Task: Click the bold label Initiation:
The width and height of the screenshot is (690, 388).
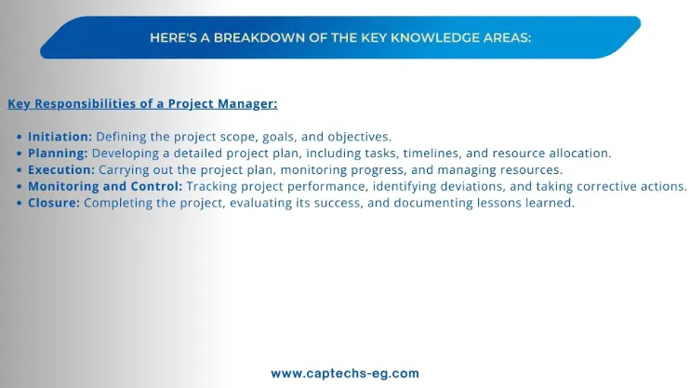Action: (60, 137)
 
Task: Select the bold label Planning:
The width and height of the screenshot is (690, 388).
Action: (58, 154)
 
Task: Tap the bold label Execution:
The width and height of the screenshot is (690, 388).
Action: (61, 169)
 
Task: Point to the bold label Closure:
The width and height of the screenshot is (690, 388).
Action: (54, 203)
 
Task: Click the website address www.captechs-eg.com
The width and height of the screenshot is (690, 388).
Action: (345, 373)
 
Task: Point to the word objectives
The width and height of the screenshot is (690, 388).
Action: (360, 137)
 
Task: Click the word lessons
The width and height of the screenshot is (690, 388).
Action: (501, 203)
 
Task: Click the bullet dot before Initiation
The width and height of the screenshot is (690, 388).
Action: (19, 137)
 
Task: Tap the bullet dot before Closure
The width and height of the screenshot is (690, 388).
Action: (19, 203)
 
